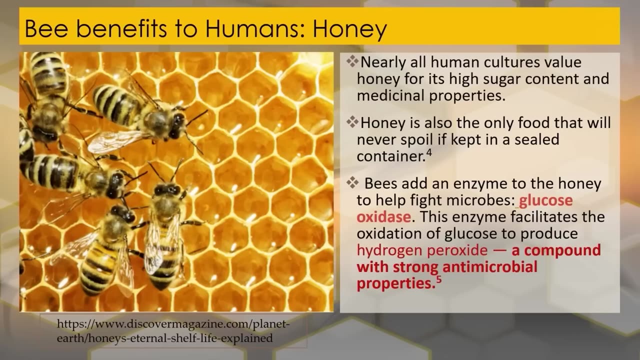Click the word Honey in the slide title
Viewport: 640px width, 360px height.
(x=350, y=29)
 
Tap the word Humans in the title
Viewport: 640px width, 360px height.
(x=254, y=29)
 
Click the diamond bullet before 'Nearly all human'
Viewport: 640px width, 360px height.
(x=352, y=61)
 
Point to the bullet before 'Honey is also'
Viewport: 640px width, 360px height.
(x=352, y=121)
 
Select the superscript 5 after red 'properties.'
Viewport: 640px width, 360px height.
(x=438, y=280)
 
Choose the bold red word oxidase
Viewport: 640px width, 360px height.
(x=383, y=217)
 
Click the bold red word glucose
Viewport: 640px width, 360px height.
(x=546, y=200)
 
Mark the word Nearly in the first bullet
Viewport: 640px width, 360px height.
(x=383, y=62)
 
